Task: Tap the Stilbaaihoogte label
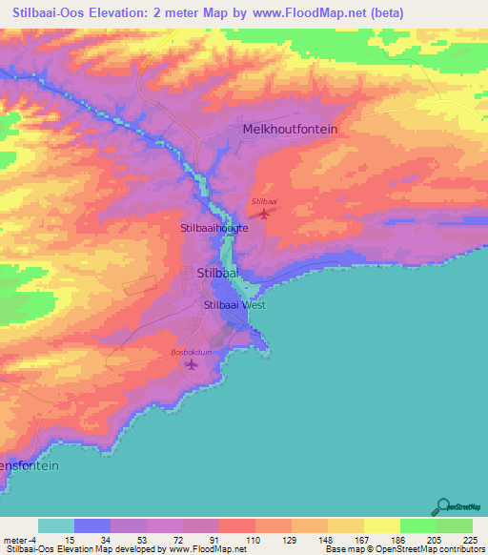(x=214, y=229)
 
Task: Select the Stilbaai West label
(x=234, y=305)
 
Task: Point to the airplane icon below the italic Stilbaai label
(x=264, y=213)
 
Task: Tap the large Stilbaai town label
(x=216, y=273)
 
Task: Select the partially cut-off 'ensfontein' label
(x=30, y=466)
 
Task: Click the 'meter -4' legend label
(x=20, y=539)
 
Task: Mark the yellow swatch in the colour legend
(x=381, y=525)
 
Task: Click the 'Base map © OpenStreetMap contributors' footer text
(x=408, y=549)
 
